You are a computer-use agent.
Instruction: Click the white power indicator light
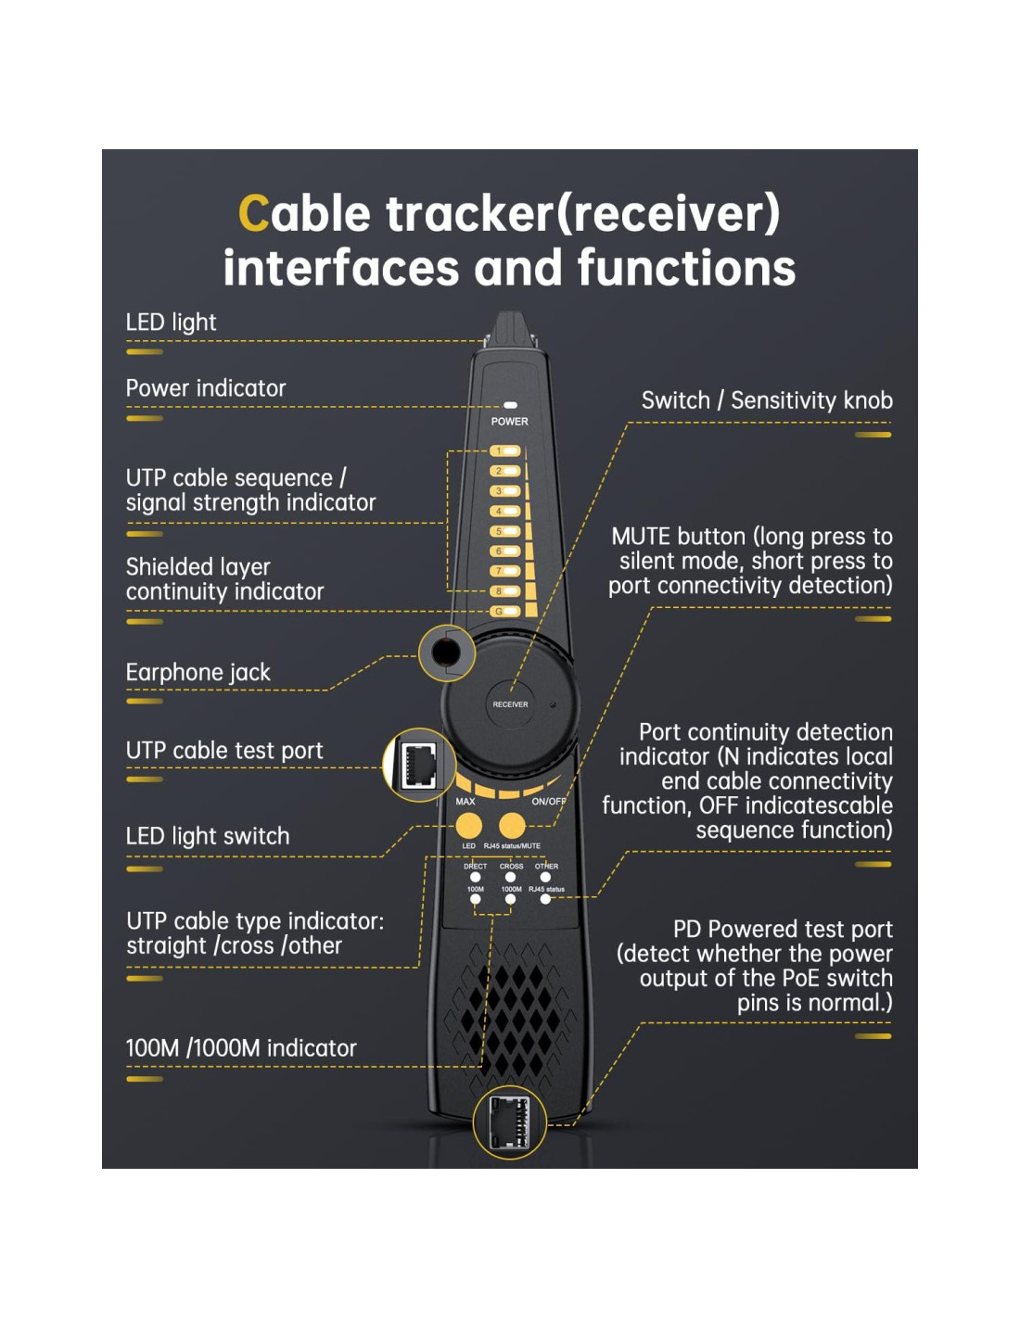pos(510,405)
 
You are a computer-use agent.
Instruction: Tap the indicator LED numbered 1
pos(505,451)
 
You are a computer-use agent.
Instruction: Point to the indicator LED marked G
pos(505,612)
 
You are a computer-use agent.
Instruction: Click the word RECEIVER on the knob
pos(510,704)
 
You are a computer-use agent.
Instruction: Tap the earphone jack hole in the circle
pos(446,653)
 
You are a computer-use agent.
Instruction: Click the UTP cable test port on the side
pos(419,766)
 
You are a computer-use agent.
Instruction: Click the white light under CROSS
pos(510,877)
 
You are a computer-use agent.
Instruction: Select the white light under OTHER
pos(545,877)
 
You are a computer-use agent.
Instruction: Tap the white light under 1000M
pos(510,899)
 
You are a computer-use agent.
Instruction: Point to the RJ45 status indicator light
pos(545,899)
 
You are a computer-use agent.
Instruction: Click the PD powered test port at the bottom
pos(509,1122)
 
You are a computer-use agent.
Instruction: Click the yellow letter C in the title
pos(254,213)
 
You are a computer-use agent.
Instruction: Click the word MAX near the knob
pos(465,802)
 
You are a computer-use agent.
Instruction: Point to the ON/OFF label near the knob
pos(548,802)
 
